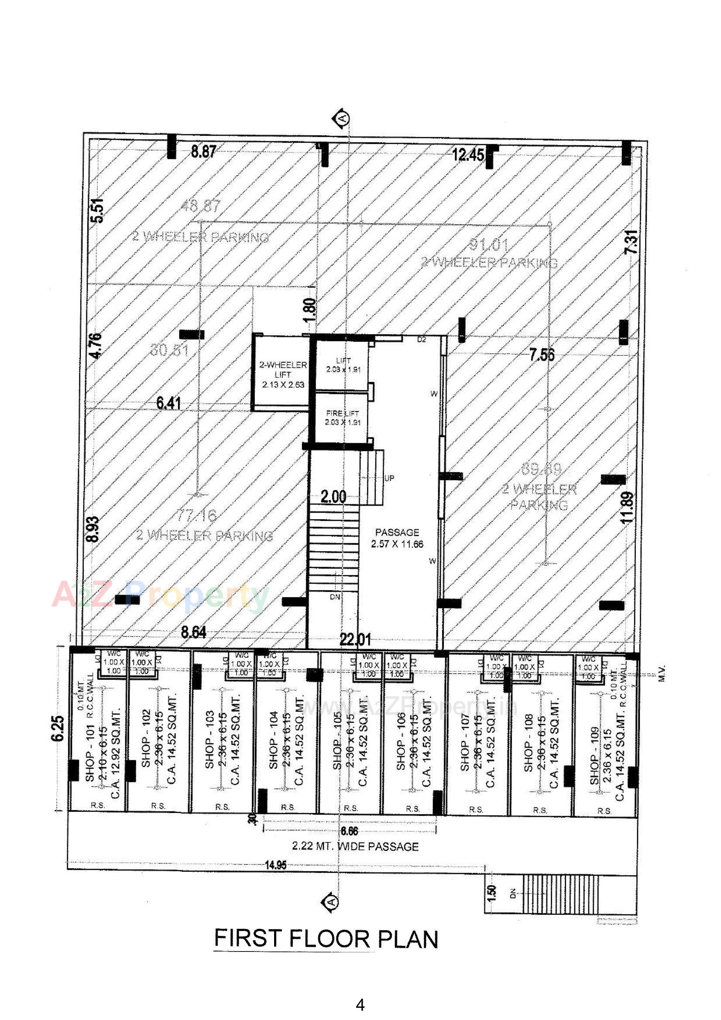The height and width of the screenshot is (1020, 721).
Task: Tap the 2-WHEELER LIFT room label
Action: point(283,374)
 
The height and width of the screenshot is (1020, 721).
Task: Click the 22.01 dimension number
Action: point(355,640)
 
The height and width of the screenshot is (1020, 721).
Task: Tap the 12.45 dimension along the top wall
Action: point(467,155)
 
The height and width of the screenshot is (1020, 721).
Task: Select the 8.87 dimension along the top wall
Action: point(203,152)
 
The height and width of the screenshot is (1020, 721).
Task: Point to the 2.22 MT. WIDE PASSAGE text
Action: point(355,846)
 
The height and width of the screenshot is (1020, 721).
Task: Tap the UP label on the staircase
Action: point(389,479)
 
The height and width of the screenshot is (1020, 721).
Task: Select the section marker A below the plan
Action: point(330,901)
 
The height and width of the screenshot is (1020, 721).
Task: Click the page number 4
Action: point(360,1005)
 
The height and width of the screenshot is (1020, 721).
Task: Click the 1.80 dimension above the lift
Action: point(311,310)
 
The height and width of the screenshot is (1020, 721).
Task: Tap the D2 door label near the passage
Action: point(422,339)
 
